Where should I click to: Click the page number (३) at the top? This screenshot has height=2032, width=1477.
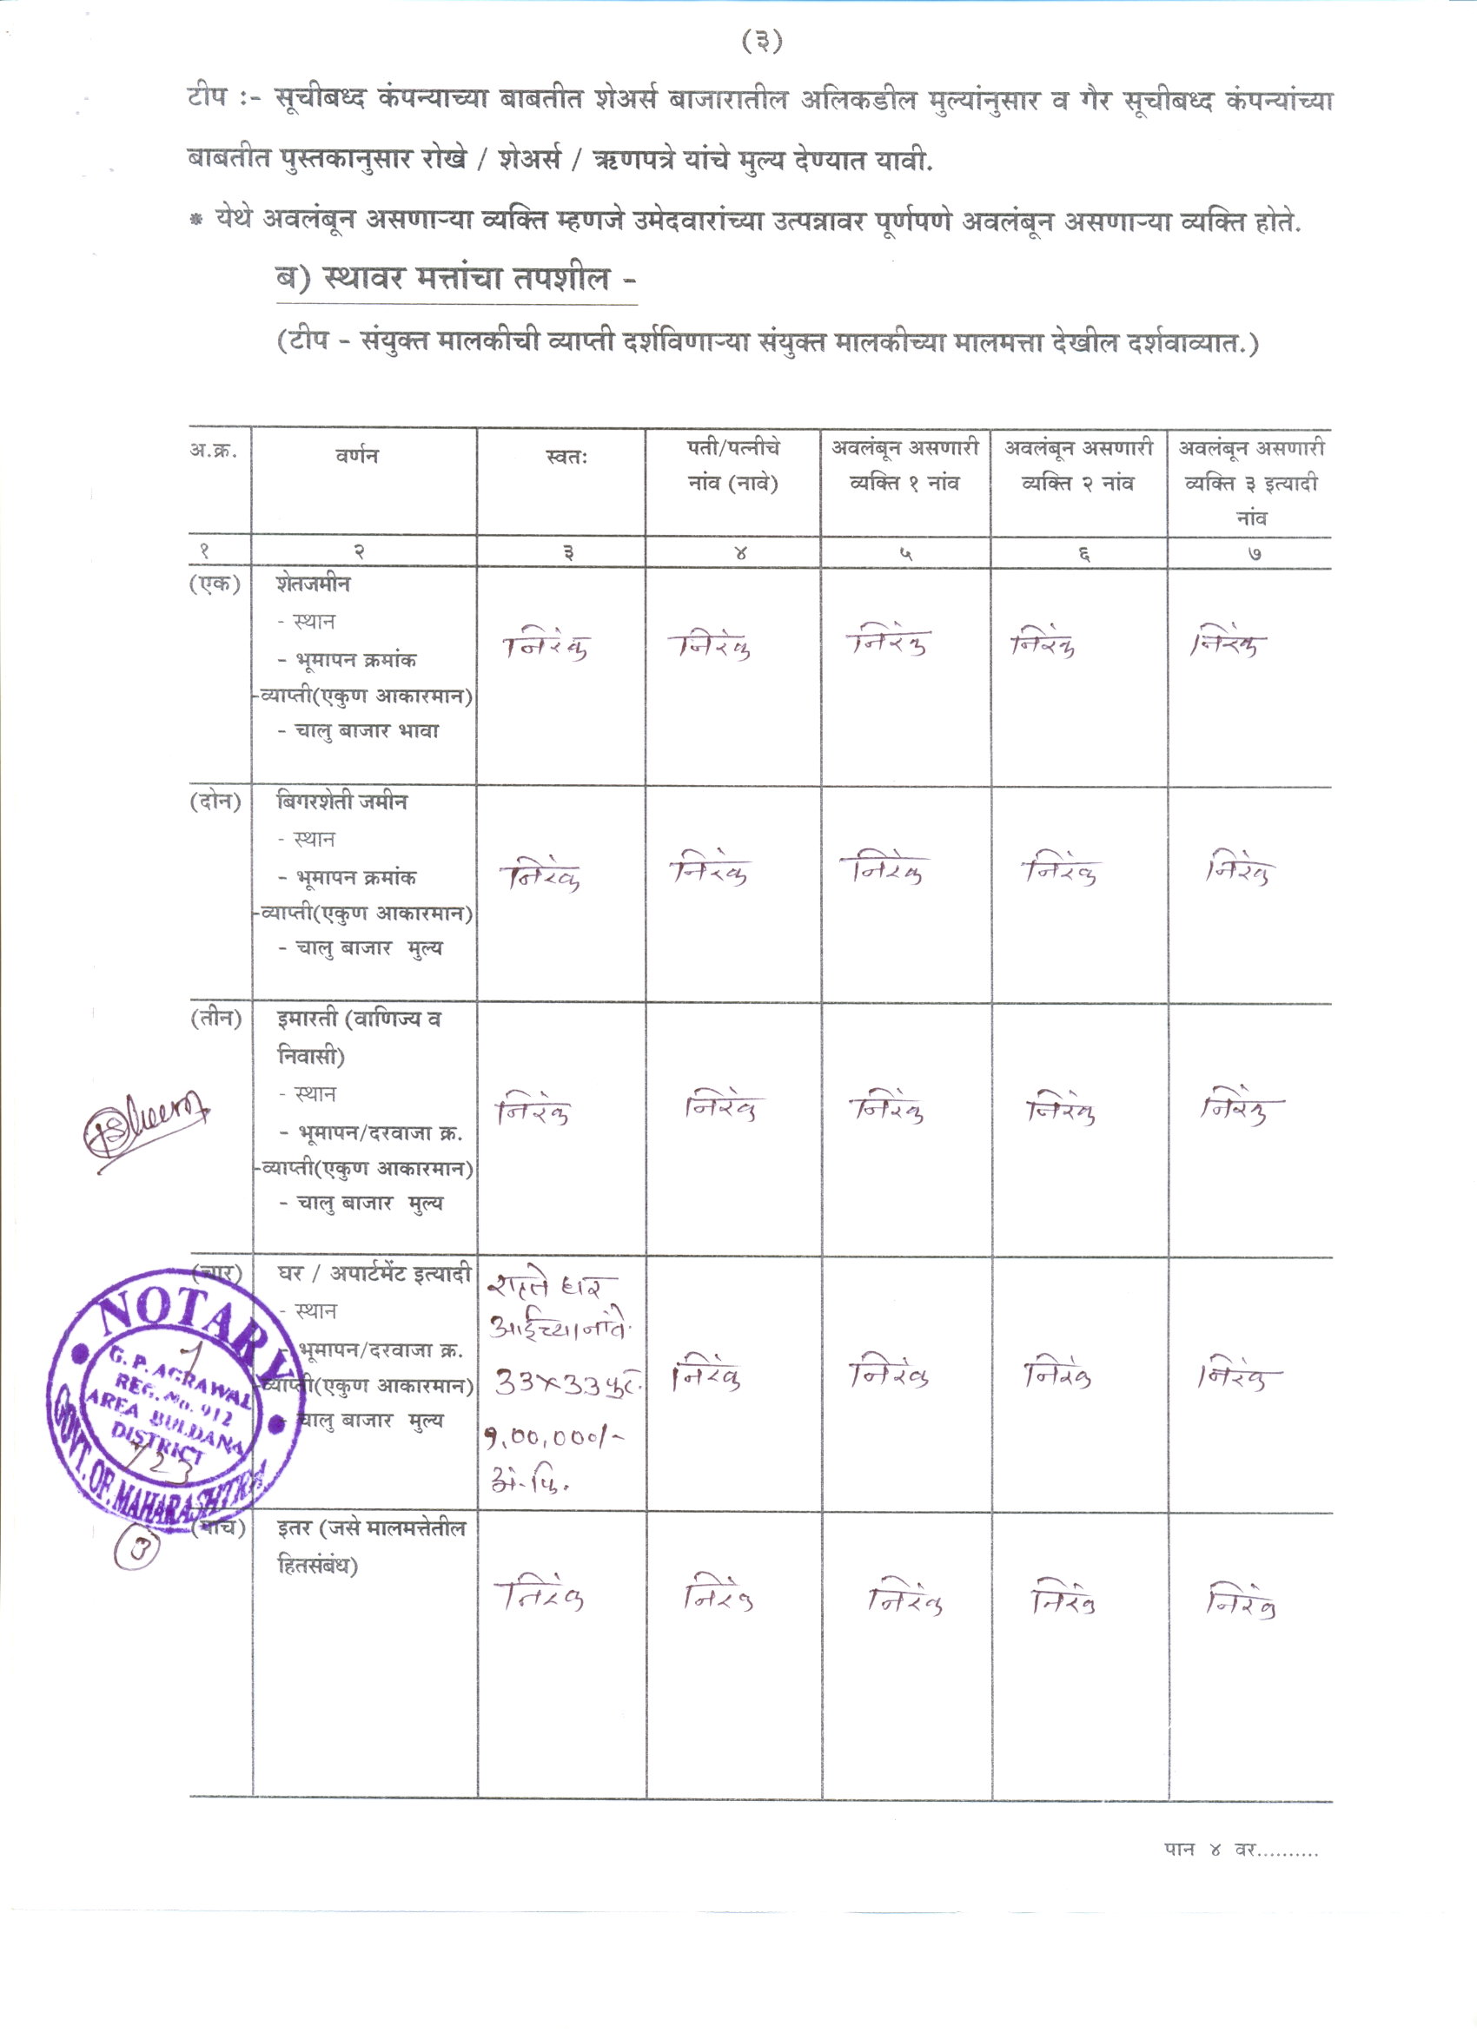coord(762,41)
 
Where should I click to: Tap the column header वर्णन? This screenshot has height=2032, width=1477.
coord(357,456)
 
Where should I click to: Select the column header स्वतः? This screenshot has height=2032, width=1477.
coord(566,457)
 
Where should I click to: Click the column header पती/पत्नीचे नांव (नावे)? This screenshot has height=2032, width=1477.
coord(732,466)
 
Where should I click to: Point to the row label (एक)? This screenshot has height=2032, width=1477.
coord(215,584)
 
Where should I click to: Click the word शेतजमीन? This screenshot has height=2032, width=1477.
coord(313,584)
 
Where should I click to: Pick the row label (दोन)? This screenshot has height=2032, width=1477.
coord(215,802)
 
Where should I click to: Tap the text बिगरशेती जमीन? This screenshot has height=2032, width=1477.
coord(341,802)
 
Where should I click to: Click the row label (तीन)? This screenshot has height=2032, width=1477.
coord(215,1019)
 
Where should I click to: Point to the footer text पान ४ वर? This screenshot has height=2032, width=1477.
coord(1241,1850)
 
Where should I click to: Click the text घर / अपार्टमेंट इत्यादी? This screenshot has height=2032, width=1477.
coord(374,1274)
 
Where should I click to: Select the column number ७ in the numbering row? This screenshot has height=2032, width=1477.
coord(1255,554)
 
